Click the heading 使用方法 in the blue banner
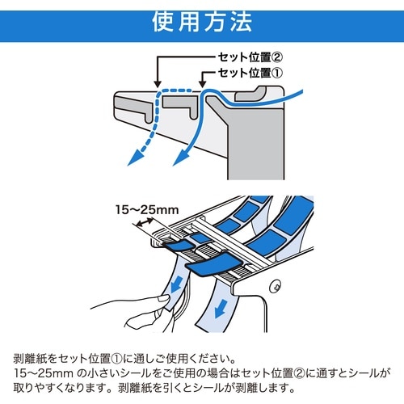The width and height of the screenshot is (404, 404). [x=202, y=22]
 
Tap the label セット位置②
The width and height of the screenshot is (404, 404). [x=250, y=57]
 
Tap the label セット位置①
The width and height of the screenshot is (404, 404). [x=250, y=73]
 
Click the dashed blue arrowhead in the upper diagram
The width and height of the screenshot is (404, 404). [x=136, y=158]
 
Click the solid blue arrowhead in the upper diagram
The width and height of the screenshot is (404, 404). [x=182, y=158]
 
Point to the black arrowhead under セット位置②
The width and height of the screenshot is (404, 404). [x=158, y=84]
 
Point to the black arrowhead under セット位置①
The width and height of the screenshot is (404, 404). [x=202, y=84]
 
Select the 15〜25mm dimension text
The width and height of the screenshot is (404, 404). [x=147, y=210]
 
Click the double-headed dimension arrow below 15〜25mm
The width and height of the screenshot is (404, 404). [x=145, y=222]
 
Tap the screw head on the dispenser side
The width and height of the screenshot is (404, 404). [x=276, y=286]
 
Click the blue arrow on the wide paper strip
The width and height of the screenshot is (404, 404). [x=221, y=309]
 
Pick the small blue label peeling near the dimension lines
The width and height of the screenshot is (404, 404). [x=179, y=246]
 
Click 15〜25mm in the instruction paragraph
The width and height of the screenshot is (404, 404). [x=44, y=373]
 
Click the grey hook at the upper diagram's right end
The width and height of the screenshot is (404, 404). [x=250, y=94]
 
